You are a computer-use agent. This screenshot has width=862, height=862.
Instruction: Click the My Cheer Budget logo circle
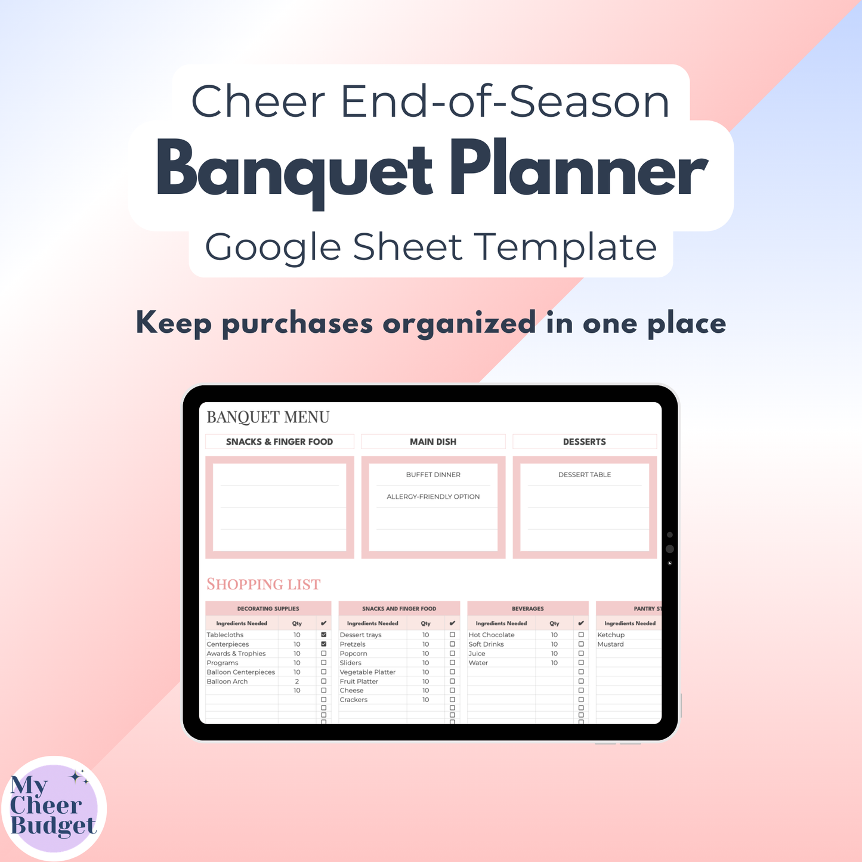click(x=54, y=808)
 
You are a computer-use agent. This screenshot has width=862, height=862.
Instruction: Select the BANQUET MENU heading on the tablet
click(x=268, y=417)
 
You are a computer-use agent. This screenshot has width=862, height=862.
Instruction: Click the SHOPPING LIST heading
click(x=263, y=584)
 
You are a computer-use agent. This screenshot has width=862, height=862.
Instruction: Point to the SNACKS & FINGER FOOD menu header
click(x=279, y=441)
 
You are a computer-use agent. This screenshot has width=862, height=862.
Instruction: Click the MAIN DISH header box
click(x=433, y=441)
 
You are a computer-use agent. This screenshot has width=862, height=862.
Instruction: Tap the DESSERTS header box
click(x=585, y=441)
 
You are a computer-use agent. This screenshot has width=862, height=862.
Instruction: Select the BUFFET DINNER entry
click(x=433, y=475)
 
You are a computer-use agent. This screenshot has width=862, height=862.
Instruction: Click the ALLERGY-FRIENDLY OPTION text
click(x=433, y=496)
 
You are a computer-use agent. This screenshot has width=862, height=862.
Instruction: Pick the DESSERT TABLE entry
click(x=585, y=475)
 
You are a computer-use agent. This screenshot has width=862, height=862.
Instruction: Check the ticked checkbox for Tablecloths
click(x=324, y=635)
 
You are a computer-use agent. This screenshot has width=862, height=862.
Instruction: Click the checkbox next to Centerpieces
click(x=324, y=644)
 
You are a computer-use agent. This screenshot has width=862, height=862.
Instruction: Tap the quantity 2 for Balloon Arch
click(x=297, y=681)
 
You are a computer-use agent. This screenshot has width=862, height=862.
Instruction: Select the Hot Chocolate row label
click(x=492, y=635)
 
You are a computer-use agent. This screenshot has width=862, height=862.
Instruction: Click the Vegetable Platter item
click(x=367, y=672)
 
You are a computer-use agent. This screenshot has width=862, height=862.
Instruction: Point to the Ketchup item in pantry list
click(x=611, y=635)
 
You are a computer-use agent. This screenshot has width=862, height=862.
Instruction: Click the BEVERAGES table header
click(x=528, y=608)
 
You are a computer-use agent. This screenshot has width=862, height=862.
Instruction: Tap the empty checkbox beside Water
click(x=581, y=663)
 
